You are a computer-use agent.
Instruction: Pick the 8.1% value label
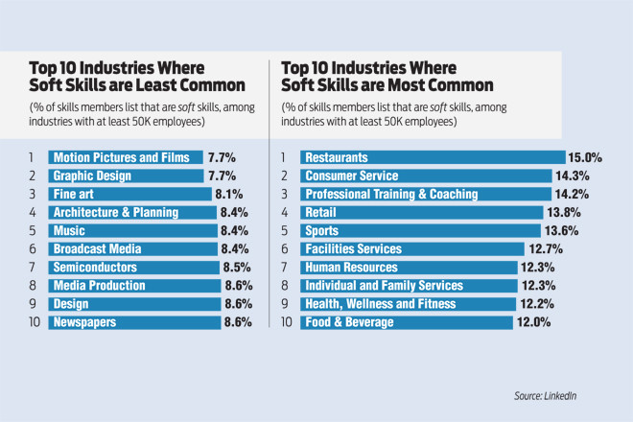coord(227,195)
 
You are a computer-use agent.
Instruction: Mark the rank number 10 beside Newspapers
coord(33,322)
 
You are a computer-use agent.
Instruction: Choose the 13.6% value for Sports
coord(574,231)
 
